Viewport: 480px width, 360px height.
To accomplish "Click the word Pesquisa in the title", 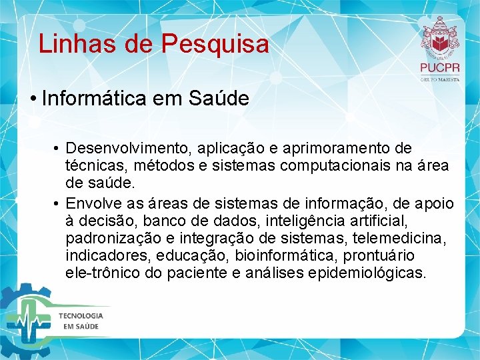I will (215, 44).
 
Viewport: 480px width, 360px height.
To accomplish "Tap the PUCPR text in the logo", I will (440, 68).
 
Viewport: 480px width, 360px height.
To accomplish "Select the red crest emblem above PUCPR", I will (440, 37).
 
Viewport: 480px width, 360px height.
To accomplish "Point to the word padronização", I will (107, 239).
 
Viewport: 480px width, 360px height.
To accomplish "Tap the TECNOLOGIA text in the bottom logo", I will (81, 315).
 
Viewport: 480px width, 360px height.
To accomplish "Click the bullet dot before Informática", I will (33, 99).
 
